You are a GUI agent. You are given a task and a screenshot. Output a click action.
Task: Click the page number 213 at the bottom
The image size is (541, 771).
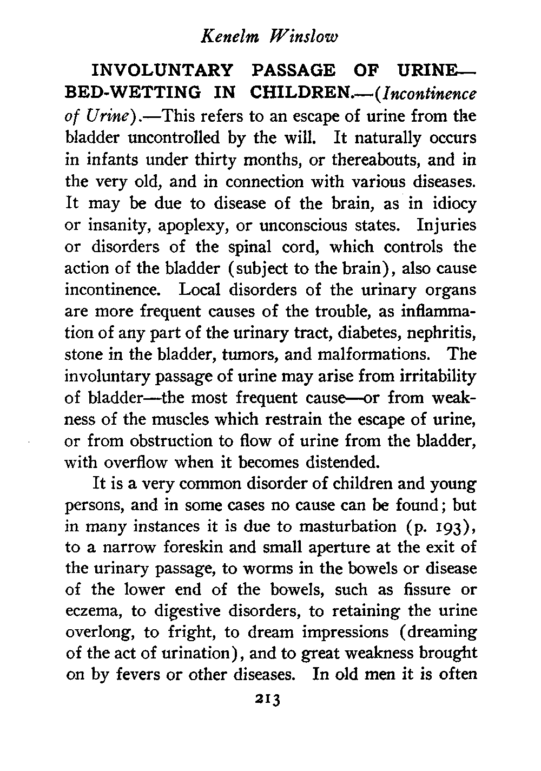(267, 700)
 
